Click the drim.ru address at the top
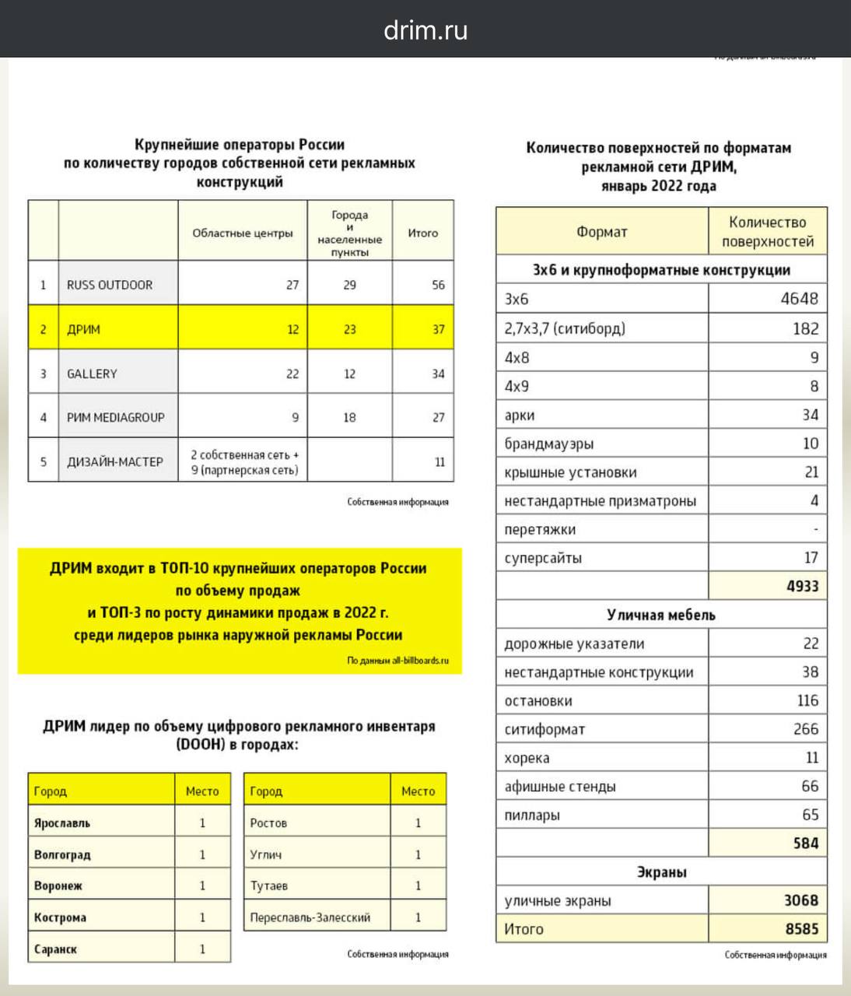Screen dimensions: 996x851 pyautogui.click(x=425, y=30)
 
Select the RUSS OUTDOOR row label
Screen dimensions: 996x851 pyautogui.click(x=110, y=285)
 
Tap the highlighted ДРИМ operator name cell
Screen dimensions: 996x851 pyautogui.click(x=84, y=329)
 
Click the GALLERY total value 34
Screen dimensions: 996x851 pyautogui.click(x=438, y=373)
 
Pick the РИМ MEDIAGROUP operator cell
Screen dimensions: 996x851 pyautogui.click(x=116, y=417)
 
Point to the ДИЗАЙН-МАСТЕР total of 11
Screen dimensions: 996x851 pyautogui.click(x=440, y=461)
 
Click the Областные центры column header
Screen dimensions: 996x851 pyautogui.click(x=243, y=233)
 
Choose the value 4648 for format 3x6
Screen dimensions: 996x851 pyautogui.click(x=799, y=299)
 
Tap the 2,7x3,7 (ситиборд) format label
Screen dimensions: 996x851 pyautogui.click(x=565, y=328)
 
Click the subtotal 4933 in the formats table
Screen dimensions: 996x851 pyautogui.click(x=802, y=586)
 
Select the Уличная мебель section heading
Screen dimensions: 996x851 pyautogui.click(x=660, y=615)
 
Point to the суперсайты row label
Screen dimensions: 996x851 pyautogui.click(x=543, y=558)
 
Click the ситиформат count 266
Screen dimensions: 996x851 pyautogui.click(x=805, y=729)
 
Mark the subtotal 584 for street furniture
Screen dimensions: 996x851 pyautogui.click(x=805, y=843)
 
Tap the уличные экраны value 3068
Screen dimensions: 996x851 pyautogui.click(x=800, y=900)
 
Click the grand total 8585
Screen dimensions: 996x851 pyautogui.click(x=801, y=929)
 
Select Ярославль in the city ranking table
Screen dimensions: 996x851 pyautogui.click(x=62, y=822)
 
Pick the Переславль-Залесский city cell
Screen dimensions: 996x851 pyautogui.click(x=310, y=917)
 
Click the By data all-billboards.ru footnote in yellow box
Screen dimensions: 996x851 pyautogui.click(x=397, y=661)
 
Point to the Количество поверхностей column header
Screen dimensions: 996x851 pyautogui.click(x=767, y=232)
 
